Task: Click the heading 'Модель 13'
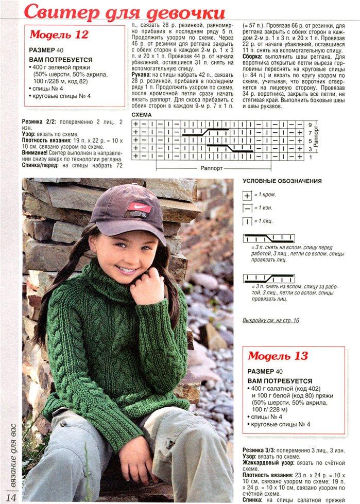(278, 356)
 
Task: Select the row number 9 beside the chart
(310, 125)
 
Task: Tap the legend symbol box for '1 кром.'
(248, 196)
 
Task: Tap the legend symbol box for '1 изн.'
(248, 208)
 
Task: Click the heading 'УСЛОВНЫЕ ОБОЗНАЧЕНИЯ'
(282, 181)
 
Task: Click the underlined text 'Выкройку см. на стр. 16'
(270, 320)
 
